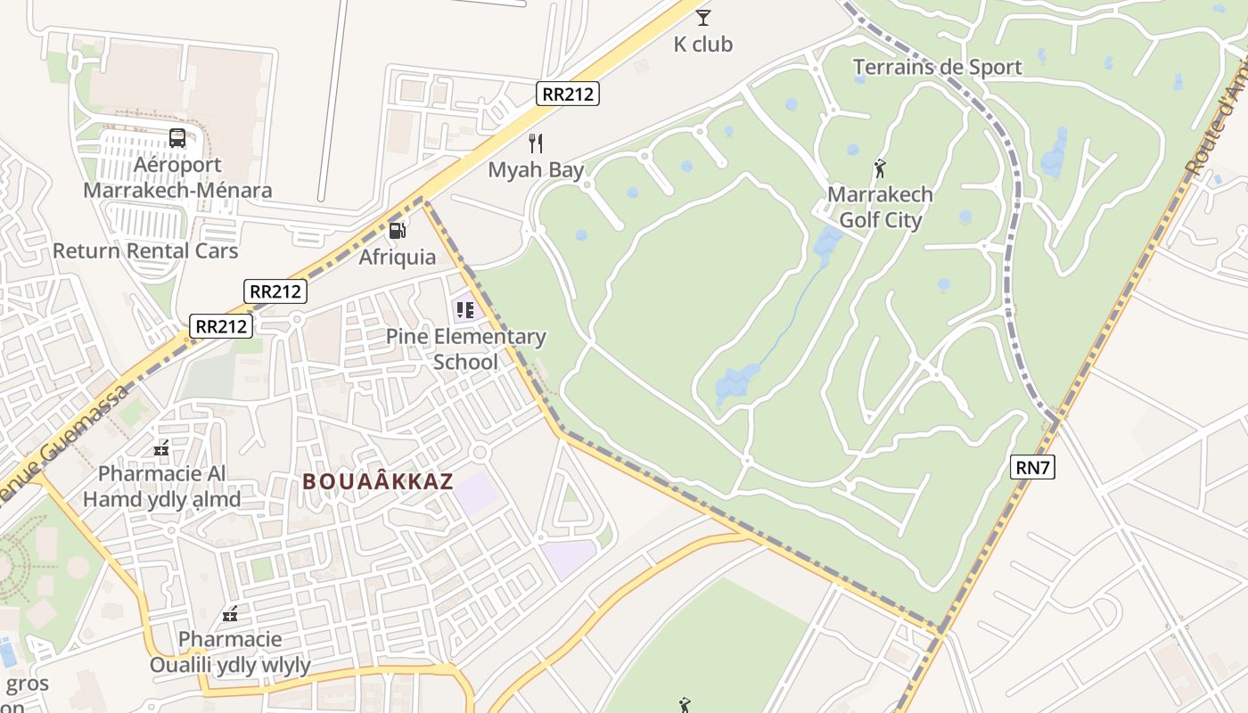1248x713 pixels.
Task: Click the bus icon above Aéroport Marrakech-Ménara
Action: [x=177, y=138]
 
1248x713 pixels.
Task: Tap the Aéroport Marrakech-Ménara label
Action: [x=177, y=177]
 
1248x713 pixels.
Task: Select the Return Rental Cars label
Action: [x=145, y=250]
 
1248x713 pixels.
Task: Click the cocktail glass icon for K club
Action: [x=703, y=17]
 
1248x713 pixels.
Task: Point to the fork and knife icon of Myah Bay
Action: [x=536, y=143]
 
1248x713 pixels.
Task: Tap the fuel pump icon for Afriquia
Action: [x=398, y=231]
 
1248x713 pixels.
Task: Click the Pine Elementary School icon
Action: [x=464, y=310]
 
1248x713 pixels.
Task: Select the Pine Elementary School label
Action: [x=465, y=349]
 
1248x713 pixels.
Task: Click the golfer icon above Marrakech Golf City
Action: [x=880, y=168]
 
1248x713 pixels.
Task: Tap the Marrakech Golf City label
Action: [x=880, y=207]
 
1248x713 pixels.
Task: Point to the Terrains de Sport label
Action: [x=937, y=67]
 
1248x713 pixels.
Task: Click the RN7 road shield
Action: [x=1032, y=467]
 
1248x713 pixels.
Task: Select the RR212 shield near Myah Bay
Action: [x=568, y=94]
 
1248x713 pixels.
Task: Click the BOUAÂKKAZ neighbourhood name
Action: [x=378, y=482]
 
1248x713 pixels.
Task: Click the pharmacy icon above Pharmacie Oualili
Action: [x=230, y=614]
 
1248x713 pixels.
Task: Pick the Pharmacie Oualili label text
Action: [x=230, y=652]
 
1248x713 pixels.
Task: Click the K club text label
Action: [x=703, y=44]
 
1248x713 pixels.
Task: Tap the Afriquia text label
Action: [x=398, y=258]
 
